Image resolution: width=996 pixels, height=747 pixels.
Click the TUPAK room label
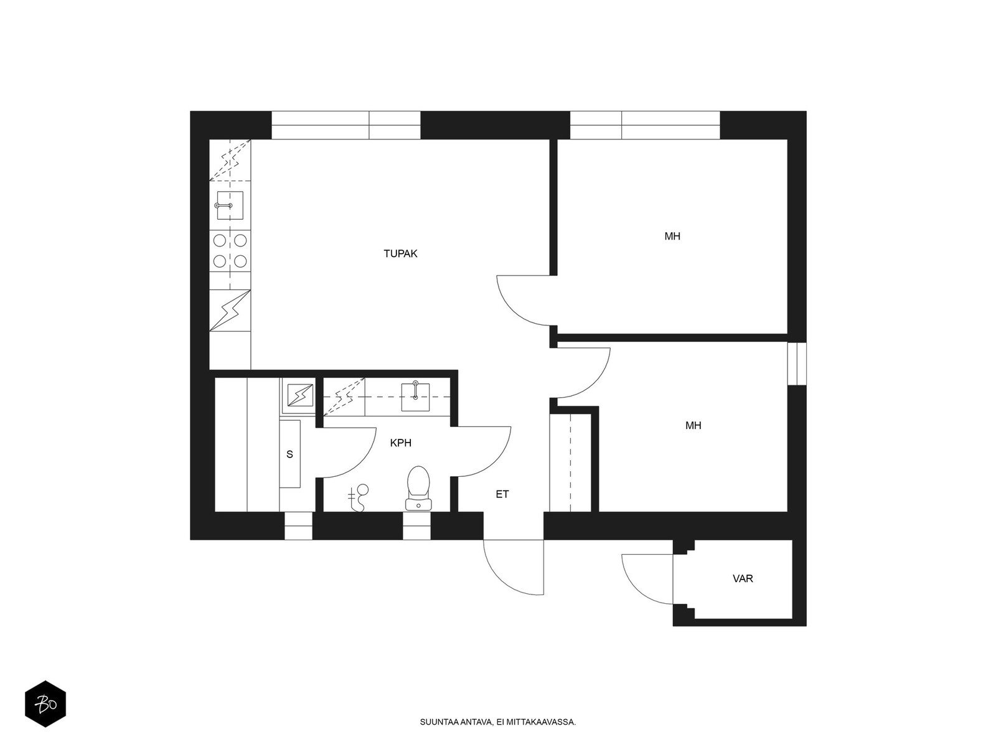pyautogui.click(x=400, y=253)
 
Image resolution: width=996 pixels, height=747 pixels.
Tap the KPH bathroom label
pyautogui.click(x=401, y=443)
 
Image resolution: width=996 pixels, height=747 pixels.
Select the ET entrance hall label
pyautogui.click(x=502, y=494)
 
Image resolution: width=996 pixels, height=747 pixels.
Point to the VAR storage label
pyautogui.click(x=743, y=579)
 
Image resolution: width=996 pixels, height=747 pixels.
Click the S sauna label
pyautogui.click(x=289, y=454)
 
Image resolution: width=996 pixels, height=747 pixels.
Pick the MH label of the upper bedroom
pyautogui.click(x=672, y=237)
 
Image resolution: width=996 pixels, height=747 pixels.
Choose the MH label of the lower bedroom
pyautogui.click(x=693, y=425)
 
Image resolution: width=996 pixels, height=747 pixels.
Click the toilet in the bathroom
pyautogui.click(x=418, y=488)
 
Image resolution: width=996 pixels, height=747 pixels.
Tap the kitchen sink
pyautogui.click(x=230, y=205)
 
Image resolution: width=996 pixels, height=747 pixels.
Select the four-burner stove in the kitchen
pyautogui.click(x=230, y=251)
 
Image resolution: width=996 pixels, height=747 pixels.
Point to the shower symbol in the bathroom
pyautogui.click(x=359, y=497)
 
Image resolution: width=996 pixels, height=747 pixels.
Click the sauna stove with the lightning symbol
pyautogui.click(x=298, y=395)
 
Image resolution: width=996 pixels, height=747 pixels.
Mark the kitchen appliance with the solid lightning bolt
pyautogui.click(x=230, y=311)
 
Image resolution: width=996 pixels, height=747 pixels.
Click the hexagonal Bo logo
pyautogui.click(x=45, y=704)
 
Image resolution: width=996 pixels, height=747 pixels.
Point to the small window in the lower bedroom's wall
pyautogui.click(x=797, y=364)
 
